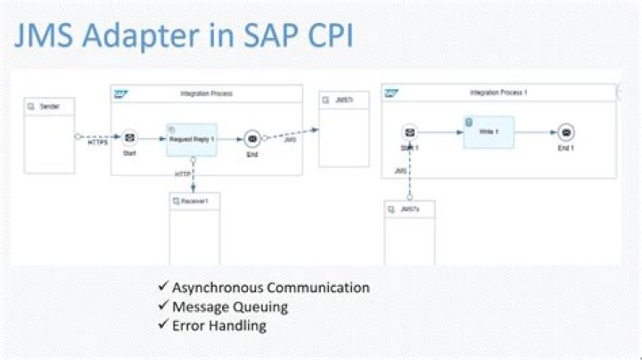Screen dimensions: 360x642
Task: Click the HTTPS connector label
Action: [97, 143]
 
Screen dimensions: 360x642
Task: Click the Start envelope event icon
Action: [129, 137]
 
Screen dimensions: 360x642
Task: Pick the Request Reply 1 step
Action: [192, 139]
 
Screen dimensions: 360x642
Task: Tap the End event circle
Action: [252, 138]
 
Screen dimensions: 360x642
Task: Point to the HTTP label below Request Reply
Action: [183, 173]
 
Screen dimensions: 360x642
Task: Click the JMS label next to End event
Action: [290, 140]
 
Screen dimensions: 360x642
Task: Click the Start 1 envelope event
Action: [409, 132]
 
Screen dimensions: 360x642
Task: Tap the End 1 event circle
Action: [565, 132]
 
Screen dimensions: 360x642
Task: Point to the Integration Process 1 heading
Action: [498, 93]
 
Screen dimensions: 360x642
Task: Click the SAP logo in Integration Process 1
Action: [391, 93]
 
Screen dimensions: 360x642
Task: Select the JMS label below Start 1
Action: [400, 169]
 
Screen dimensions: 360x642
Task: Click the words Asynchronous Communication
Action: [270, 288]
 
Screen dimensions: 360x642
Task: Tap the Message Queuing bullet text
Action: [229, 307]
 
